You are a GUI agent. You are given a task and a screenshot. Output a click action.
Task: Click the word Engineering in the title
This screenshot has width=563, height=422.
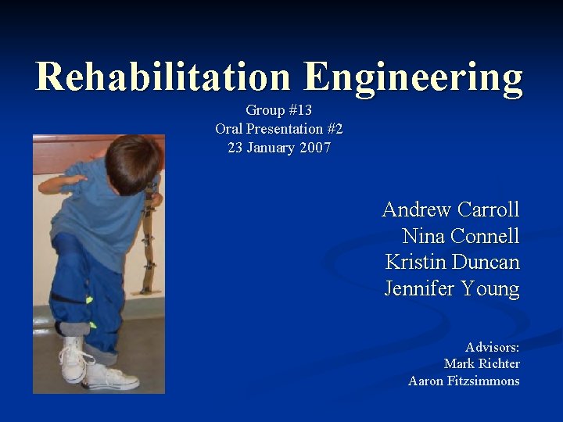pyautogui.click(x=414, y=77)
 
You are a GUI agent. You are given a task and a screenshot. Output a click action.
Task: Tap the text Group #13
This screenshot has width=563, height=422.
pyautogui.click(x=278, y=110)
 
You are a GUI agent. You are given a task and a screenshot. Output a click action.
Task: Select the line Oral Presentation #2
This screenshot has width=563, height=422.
pyautogui.click(x=278, y=128)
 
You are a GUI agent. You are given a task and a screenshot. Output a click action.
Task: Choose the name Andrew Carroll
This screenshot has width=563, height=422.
pyautogui.click(x=450, y=209)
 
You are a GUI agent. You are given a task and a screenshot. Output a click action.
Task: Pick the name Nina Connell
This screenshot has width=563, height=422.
pyautogui.click(x=461, y=236)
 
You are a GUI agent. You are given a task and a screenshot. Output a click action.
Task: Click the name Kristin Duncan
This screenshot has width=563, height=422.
pyautogui.click(x=452, y=262)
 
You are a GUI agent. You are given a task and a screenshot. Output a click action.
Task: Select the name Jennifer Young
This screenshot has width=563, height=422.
pyautogui.click(x=452, y=288)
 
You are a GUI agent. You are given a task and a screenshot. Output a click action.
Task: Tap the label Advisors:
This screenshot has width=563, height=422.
pyautogui.click(x=492, y=347)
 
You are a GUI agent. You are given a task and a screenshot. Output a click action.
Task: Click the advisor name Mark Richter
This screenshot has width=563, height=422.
pyautogui.click(x=482, y=363)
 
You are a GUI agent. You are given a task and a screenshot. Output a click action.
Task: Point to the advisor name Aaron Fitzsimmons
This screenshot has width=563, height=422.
pyautogui.click(x=464, y=381)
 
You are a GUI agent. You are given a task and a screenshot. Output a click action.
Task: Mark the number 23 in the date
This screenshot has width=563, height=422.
pyautogui.click(x=235, y=147)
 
